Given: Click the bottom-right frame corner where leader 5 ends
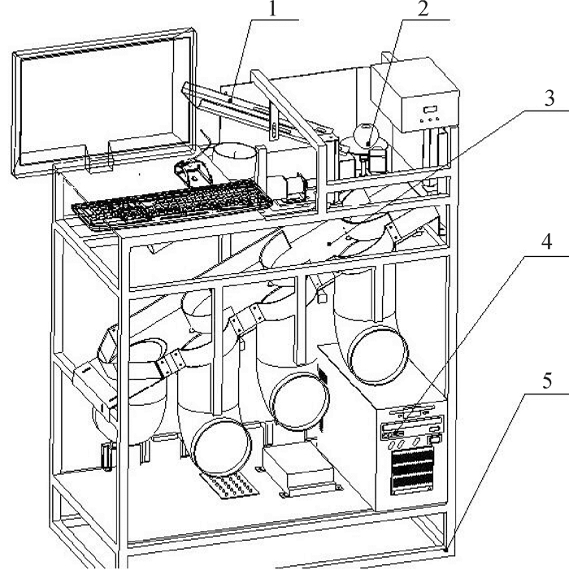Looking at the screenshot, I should pos(447,548).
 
